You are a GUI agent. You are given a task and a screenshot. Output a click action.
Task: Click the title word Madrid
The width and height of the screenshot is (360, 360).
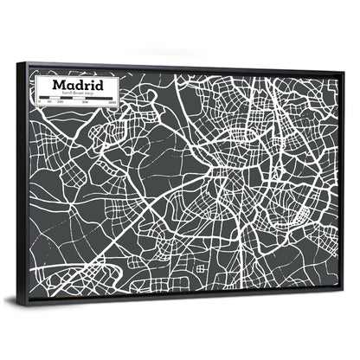[79, 86]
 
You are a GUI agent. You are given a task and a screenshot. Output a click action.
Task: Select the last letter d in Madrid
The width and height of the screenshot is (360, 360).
[100, 86]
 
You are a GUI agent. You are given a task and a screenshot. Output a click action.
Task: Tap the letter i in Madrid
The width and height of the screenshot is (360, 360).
[93, 86]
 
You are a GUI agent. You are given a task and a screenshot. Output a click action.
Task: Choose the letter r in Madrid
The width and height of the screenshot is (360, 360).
[87, 87]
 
